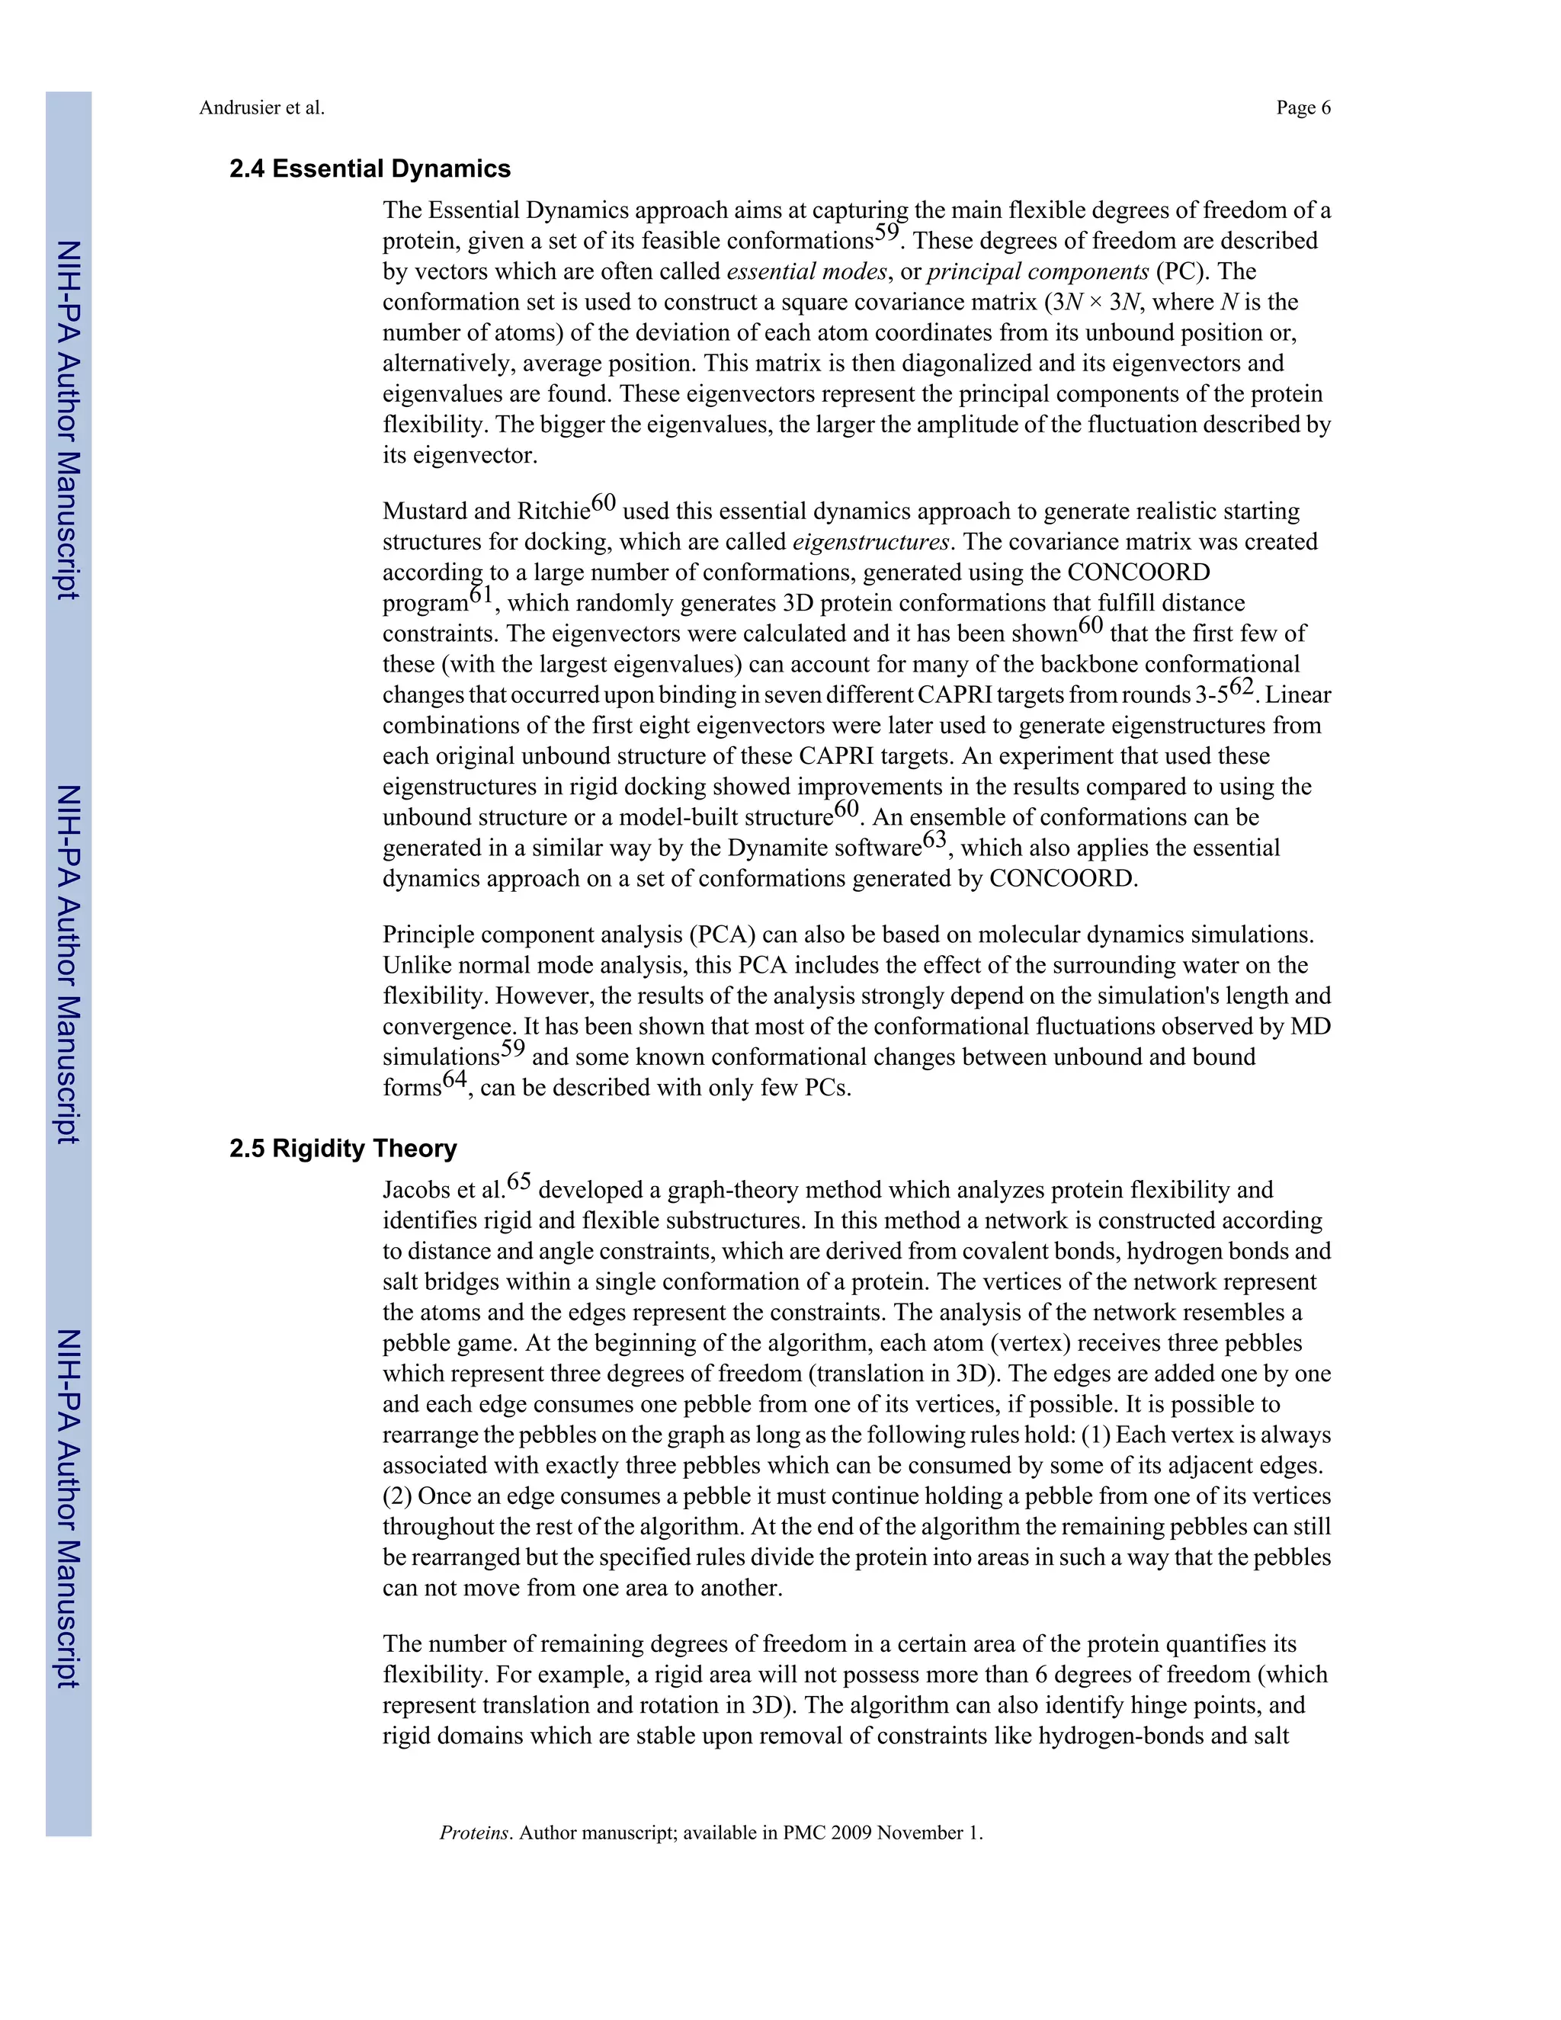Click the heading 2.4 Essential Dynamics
370,169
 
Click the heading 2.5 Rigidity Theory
343,1149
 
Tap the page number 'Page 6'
1303,108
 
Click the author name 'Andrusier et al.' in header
261,108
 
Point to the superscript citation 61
482,595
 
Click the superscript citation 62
1241,688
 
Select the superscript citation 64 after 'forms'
455,1079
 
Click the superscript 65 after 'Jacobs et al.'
519,1182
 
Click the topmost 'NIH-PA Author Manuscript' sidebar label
69,420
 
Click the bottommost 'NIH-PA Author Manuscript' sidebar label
69,1509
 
